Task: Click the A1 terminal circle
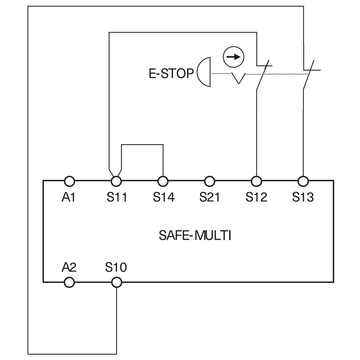pos(69,181)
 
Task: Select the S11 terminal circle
pos(116,181)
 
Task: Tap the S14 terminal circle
pos(163,181)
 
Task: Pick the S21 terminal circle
pos(210,181)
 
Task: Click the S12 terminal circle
pos(256,181)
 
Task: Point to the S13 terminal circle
pos(303,181)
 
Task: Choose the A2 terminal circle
pos(69,283)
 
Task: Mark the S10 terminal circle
pos(116,283)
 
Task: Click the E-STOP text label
pos(171,73)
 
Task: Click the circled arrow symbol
pos(233,57)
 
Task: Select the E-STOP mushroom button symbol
pos(204,72)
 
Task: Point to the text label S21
pos(210,198)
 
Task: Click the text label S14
pos(163,198)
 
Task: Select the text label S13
pos(303,198)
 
